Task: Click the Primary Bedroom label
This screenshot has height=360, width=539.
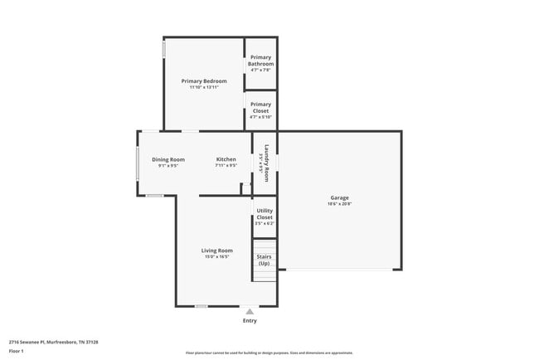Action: click(x=204, y=81)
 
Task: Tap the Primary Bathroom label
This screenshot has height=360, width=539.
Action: click(x=261, y=61)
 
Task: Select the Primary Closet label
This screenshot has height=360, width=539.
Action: click(x=261, y=107)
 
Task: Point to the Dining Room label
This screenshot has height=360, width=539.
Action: click(x=168, y=159)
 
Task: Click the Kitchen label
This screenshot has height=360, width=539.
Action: click(x=226, y=159)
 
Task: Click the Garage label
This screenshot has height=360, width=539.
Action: click(x=339, y=197)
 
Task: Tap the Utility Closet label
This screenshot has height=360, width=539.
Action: click(x=265, y=214)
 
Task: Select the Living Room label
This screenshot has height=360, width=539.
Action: click(x=216, y=251)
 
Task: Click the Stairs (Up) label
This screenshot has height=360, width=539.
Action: click(x=264, y=260)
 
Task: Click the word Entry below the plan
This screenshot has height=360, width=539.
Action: click(x=250, y=320)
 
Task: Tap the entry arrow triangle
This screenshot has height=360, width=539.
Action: click(x=250, y=311)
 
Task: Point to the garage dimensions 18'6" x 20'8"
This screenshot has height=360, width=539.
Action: click(x=339, y=204)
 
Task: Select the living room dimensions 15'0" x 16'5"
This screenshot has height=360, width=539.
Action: click(x=216, y=257)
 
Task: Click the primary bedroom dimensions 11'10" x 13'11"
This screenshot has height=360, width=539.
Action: click(x=204, y=87)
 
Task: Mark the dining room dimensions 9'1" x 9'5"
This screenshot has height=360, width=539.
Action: click(x=168, y=166)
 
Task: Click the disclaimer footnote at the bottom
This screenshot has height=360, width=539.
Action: click(x=269, y=353)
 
